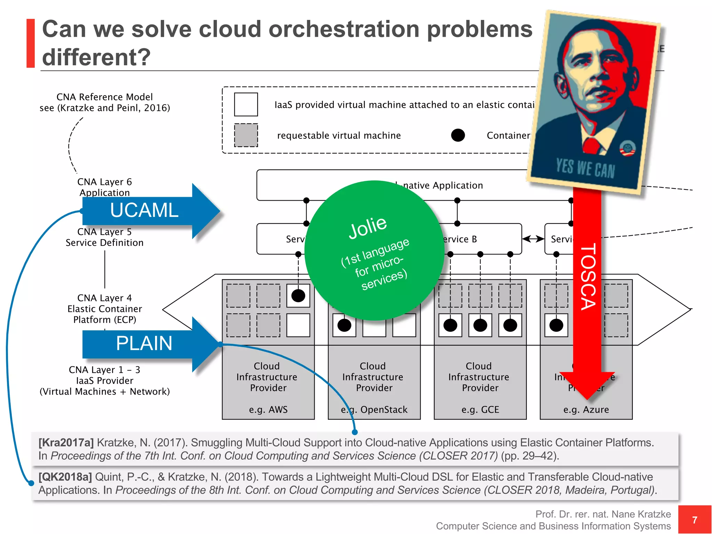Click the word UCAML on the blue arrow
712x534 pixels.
(x=144, y=210)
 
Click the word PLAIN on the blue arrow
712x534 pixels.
(x=144, y=343)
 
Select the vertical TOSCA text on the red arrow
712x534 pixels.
(x=588, y=276)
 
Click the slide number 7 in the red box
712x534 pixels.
(x=694, y=520)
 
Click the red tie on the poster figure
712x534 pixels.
(x=591, y=145)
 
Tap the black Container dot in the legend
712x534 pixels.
(x=458, y=135)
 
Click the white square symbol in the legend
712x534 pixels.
(x=246, y=104)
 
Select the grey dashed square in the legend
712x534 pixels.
(x=246, y=135)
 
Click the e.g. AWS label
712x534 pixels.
(x=268, y=410)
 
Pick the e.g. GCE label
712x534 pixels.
(x=480, y=410)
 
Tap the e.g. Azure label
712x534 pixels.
(x=586, y=410)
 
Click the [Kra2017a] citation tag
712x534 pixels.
(x=66, y=443)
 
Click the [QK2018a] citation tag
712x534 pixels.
(x=65, y=477)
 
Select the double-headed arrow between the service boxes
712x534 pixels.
(x=533, y=238)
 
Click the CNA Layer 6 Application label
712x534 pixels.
(x=104, y=187)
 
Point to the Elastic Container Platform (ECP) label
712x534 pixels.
(x=104, y=309)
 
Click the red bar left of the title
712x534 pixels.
(x=31, y=43)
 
